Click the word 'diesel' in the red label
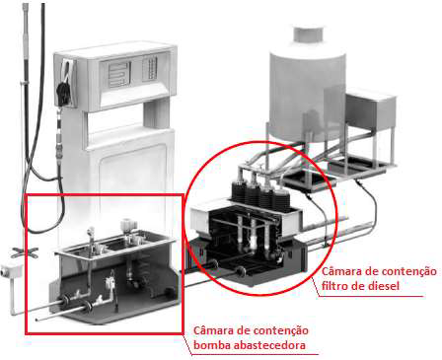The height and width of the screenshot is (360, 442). pyautogui.click(x=382, y=285)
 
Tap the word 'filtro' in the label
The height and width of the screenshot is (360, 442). pyautogui.click(x=333, y=285)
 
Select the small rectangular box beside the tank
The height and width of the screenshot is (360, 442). pyautogui.click(x=371, y=108)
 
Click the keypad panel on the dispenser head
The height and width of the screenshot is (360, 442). pyautogui.click(x=150, y=68)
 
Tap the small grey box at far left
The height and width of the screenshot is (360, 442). pyautogui.click(x=11, y=272)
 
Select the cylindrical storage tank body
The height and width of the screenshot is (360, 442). pyautogui.click(x=309, y=92)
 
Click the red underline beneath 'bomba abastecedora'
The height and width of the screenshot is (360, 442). pyautogui.click(x=255, y=354)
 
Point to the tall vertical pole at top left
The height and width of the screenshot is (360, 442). pyautogui.click(x=26, y=99)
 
